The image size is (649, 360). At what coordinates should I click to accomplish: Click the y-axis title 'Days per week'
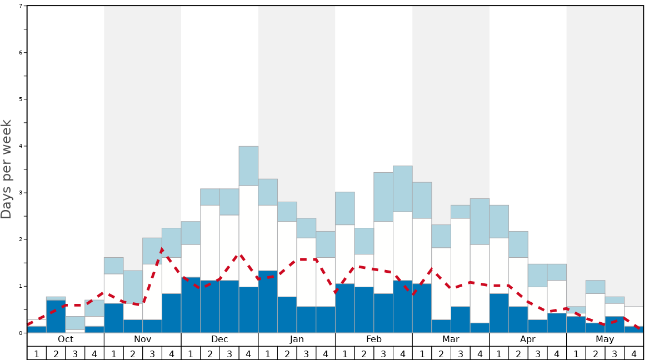click(7, 169)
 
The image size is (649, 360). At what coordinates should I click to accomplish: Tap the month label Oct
click(66, 339)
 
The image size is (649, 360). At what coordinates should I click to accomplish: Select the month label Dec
click(219, 339)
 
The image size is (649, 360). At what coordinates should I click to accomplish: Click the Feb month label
click(374, 339)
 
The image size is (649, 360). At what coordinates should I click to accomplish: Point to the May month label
click(605, 339)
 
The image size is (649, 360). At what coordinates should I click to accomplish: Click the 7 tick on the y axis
click(21, 6)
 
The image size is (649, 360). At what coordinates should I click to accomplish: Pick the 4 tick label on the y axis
click(21, 146)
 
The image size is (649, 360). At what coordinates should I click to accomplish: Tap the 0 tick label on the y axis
click(21, 333)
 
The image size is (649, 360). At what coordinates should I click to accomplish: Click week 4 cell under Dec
click(248, 353)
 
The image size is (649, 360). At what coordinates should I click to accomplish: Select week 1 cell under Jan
click(268, 353)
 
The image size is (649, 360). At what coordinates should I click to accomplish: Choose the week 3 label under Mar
click(461, 353)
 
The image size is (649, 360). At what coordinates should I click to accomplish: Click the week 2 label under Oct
click(56, 353)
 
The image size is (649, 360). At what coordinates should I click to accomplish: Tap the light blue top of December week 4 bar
click(248, 166)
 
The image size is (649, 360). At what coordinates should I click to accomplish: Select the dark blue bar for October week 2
click(56, 317)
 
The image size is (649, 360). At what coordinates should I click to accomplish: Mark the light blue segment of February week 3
click(383, 197)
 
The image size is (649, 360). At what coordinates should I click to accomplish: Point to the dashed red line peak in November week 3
click(161, 249)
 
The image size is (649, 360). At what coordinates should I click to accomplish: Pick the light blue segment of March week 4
click(480, 221)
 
